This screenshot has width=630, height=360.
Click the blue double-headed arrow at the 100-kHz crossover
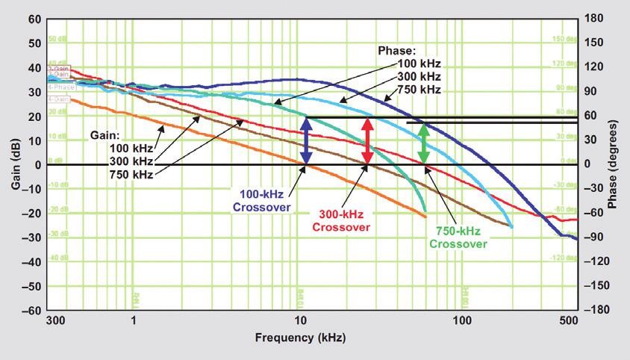click(x=305, y=140)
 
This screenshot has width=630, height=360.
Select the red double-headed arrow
click(x=367, y=140)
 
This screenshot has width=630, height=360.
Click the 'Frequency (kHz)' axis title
click(x=301, y=338)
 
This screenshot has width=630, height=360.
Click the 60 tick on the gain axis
click(x=34, y=19)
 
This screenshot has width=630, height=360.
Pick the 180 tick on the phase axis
click(x=593, y=19)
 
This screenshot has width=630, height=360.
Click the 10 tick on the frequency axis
click(x=300, y=320)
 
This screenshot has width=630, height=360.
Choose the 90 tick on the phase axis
click(x=590, y=92)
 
